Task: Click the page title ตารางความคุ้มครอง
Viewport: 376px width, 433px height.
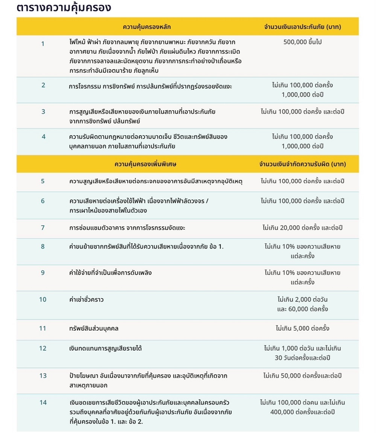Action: coord(64,8)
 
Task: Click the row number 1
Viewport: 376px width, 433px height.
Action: coord(43,44)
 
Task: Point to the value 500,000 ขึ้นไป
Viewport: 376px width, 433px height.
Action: coord(303,42)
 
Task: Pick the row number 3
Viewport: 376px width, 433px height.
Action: coord(43,111)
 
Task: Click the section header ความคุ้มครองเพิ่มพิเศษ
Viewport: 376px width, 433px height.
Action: coord(146,164)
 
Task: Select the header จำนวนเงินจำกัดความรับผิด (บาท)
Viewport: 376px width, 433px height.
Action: coord(303,164)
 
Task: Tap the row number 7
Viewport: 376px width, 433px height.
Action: coord(43,227)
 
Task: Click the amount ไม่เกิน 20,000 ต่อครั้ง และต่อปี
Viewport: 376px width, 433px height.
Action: coord(303,228)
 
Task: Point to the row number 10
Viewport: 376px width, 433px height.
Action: coord(43,300)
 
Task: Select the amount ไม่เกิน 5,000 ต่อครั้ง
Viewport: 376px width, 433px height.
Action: coord(303,328)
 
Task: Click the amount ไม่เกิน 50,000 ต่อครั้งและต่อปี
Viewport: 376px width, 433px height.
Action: coord(303,375)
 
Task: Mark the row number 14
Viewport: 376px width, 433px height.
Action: coord(43,403)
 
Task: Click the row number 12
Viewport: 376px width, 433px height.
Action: coord(43,348)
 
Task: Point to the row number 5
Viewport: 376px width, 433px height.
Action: coord(43,181)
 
